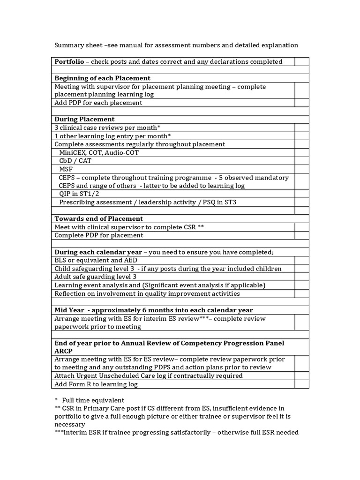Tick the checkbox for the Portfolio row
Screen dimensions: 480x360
[x=301, y=61]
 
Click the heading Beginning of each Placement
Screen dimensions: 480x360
[x=102, y=78]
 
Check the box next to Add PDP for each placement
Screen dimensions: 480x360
[x=301, y=103]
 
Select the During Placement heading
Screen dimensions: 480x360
[x=84, y=119]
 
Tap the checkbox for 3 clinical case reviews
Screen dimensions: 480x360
[x=301, y=127]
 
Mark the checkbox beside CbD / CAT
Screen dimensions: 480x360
[x=301, y=161]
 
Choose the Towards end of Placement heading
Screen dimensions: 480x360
[x=98, y=218]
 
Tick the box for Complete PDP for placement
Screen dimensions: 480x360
[x=301, y=235]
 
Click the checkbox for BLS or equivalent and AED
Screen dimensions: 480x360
[x=301, y=260]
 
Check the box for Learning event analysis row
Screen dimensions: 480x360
[x=301, y=285]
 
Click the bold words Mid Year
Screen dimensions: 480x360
[x=69, y=310]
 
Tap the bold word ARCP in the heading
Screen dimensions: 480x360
[x=64, y=351]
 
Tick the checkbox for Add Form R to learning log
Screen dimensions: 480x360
[x=301, y=384]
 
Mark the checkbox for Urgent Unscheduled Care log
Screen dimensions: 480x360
[x=301, y=376]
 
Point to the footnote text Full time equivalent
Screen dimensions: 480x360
[x=96, y=400]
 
